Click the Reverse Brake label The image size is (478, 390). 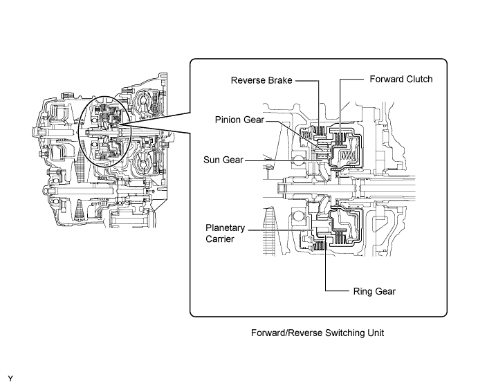(261, 80)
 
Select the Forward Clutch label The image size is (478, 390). (401, 80)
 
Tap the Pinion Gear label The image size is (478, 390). (239, 120)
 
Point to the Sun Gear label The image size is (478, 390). (223, 160)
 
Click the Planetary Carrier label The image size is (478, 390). (225, 234)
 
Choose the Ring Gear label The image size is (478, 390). (374, 291)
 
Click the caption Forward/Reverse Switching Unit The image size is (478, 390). (318, 333)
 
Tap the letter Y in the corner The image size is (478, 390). (10, 379)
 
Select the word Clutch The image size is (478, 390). (419, 80)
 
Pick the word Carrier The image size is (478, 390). (220, 239)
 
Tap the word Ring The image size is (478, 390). (362, 291)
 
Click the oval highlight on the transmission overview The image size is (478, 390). (79, 131)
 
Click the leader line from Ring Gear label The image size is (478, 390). (326, 266)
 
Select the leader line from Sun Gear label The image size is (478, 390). (284, 160)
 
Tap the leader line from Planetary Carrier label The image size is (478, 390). (280, 230)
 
